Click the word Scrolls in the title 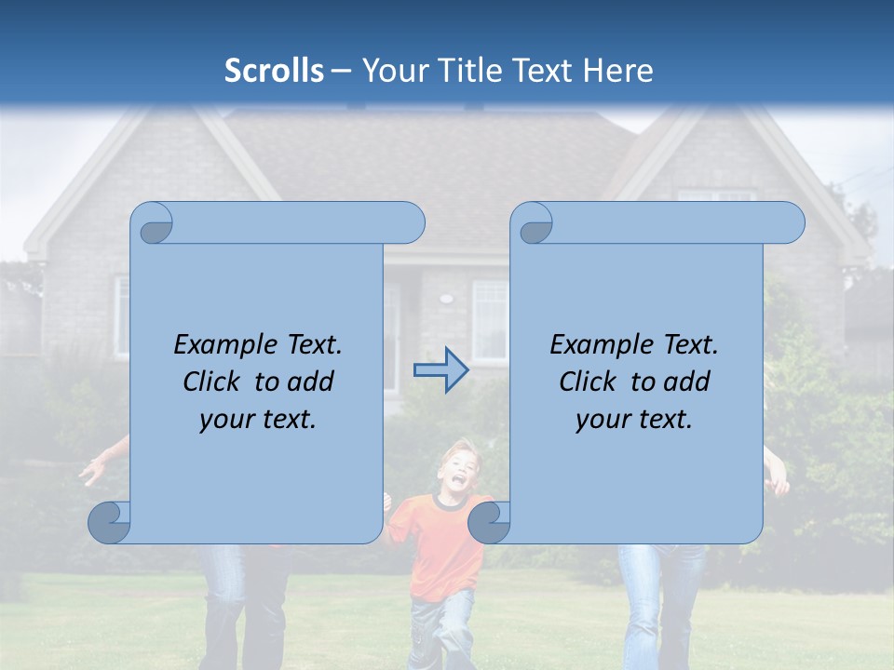[274, 71]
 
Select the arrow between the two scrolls [440, 370]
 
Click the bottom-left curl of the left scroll [108, 522]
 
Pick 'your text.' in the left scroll [258, 420]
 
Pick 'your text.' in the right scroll [634, 420]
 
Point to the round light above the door [446, 300]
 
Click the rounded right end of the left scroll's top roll [410, 223]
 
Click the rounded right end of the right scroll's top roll [790, 223]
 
